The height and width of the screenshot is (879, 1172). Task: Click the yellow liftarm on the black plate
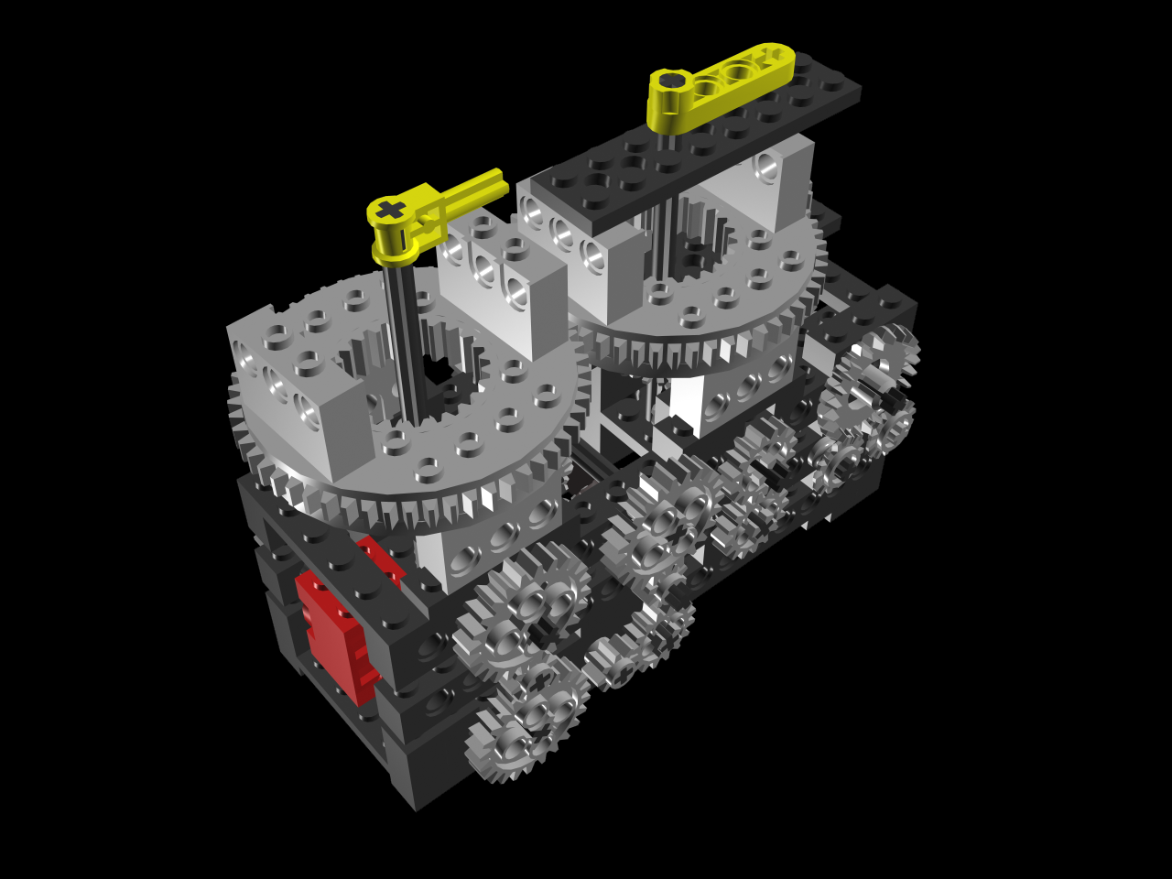click(x=723, y=82)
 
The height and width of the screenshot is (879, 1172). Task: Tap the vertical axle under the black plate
click(x=664, y=229)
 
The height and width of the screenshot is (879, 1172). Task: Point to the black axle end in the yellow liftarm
click(x=672, y=81)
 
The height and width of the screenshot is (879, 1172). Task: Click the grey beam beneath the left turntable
click(x=485, y=549)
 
